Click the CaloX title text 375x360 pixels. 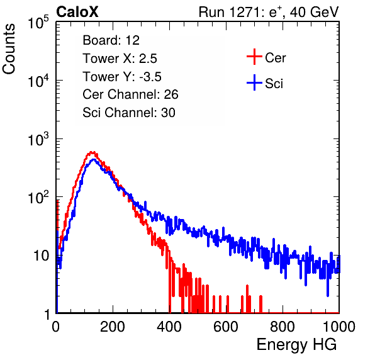pyautogui.click(x=77, y=12)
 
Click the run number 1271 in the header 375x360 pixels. pyautogui.click(x=244, y=12)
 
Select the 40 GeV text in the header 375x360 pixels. pyautogui.click(x=315, y=12)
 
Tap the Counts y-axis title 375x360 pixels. pyautogui.click(x=9, y=49)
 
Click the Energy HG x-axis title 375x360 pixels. pyautogui.click(x=296, y=345)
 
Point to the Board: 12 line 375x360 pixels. pyautogui.click(x=111, y=40)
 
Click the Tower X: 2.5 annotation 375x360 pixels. pyautogui.click(x=120, y=59)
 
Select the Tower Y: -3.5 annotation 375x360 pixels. pyautogui.click(x=122, y=77)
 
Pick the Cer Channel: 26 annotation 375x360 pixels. pyautogui.click(x=130, y=94)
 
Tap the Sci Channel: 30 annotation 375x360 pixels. pyautogui.click(x=129, y=113)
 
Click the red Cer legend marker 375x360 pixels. pyautogui.click(x=254, y=57)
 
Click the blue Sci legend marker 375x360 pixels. pyautogui.click(x=254, y=82)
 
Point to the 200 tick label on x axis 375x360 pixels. pyautogui.click(x=113, y=327)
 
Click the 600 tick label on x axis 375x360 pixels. pyautogui.click(x=226, y=327)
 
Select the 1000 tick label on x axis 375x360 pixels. pyautogui.click(x=339, y=327)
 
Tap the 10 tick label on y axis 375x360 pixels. pyautogui.click(x=41, y=256)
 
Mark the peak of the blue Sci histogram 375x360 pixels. pyautogui.click(x=94, y=160)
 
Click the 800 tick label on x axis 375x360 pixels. pyautogui.click(x=283, y=327)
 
